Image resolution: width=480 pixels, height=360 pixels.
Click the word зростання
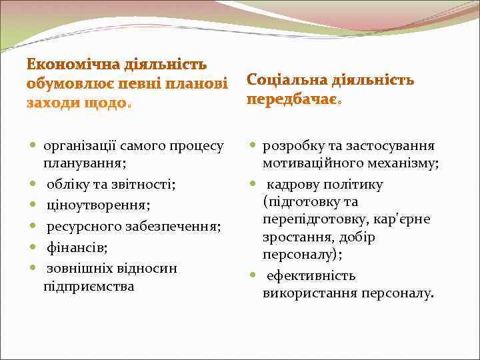[x=295, y=237]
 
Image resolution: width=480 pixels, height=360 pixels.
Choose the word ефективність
[x=310, y=275]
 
